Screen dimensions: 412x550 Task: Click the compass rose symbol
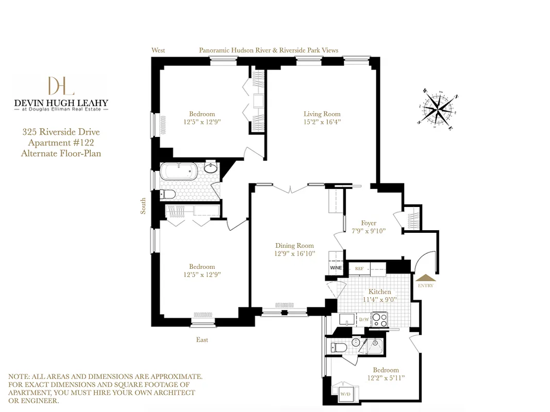(x=437, y=109)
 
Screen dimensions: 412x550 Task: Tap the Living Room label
(x=322, y=114)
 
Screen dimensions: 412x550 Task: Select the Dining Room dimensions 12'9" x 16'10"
(x=294, y=253)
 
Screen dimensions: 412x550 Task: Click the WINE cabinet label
(x=336, y=268)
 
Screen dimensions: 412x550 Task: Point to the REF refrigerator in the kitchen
(x=359, y=268)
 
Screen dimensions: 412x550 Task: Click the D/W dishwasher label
(x=364, y=320)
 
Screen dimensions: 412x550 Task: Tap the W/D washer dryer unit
(x=345, y=394)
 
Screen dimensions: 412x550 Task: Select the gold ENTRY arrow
(x=426, y=278)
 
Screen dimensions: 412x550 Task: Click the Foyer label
(x=369, y=223)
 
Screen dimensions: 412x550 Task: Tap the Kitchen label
(x=379, y=291)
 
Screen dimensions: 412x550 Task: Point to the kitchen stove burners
(x=379, y=319)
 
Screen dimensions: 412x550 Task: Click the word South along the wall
(x=143, y=206)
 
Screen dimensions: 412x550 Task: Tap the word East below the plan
(x=202, y=340)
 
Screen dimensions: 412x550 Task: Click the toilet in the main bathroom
(x=168, y=194)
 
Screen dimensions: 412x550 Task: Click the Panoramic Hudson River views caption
(x=269, y=50)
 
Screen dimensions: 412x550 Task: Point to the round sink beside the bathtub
(x=211, y=168)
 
